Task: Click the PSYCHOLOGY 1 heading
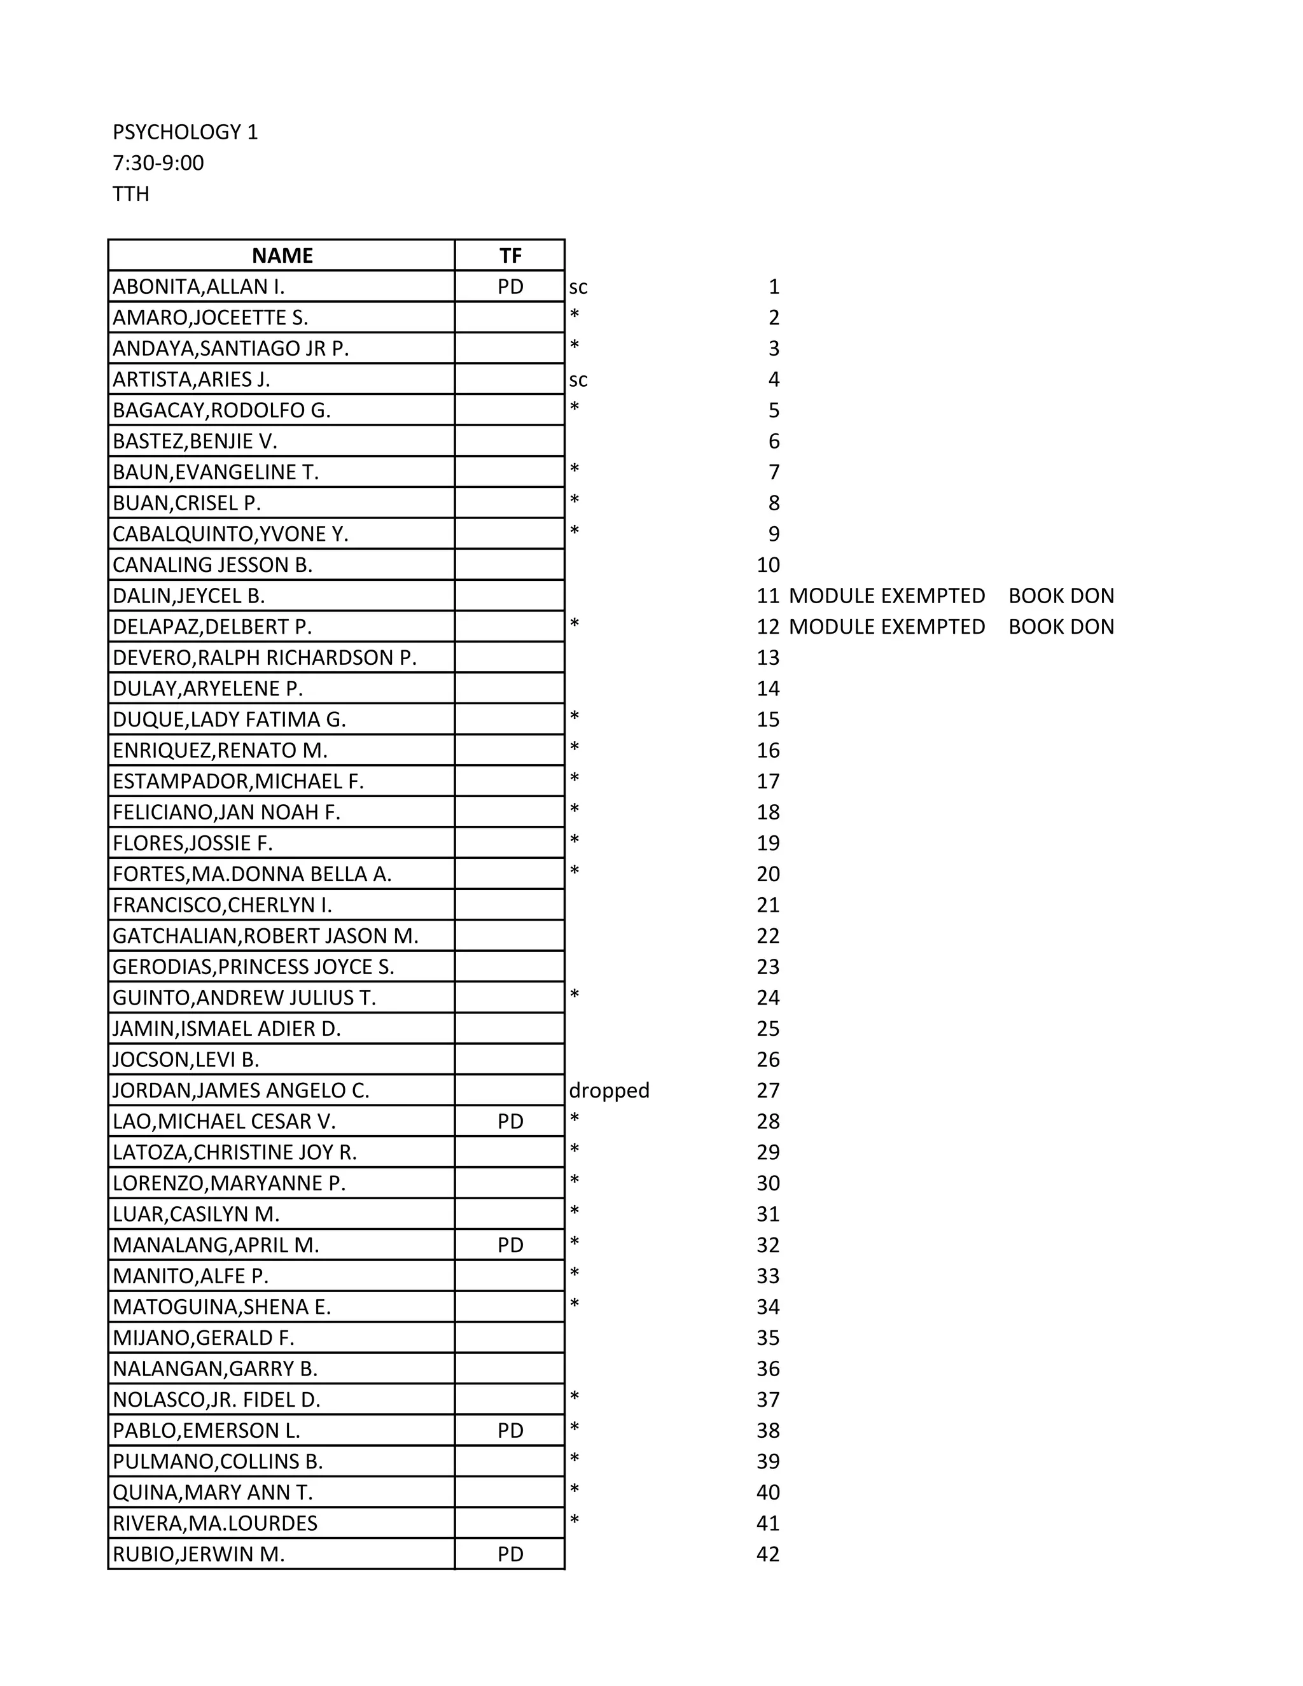pyautogui.click(x=185, y=132)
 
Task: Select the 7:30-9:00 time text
pyautogui.click(x=158, y=163)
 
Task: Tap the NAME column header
pyautogui.click(x=282, y=256)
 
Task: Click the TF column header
pyautogui.click(x=510, y=256)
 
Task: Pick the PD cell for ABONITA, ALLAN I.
pyautogui.click(x=510, y=286)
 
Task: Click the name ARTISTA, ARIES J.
pyautogui.click(x=192, y=379)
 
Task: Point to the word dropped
pyautogui.click(x=609, y=1090)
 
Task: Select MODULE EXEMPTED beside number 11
pyautogui.click(x=887, y=596)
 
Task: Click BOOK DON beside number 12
pyautogui.click(x=1061, y=627)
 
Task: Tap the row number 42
pyautogui.click(x=768, y=1554)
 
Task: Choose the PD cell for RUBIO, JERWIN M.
pyautogui.click(x=510, y=1554)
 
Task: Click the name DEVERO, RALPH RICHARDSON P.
pyautogui.click(x=264, y=658)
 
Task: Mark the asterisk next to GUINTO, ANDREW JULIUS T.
pyautogui.click(x=575, y=995)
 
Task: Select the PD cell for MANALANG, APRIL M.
pyautogui.click(x=510, y=1244)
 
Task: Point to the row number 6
pyautogui.click(x=774, y=441)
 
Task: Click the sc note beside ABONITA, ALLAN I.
pyautogui.click(x=578, y=287)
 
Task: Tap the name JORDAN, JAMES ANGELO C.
pyautogui.click(x=241, y=1090)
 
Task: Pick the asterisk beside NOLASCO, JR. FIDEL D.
pyautogui.click(x=575, y=1397)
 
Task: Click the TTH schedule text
pyautogui.click(x=131, y=194)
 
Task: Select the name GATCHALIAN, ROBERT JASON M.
pyautogui.click(x=265, y=936)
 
